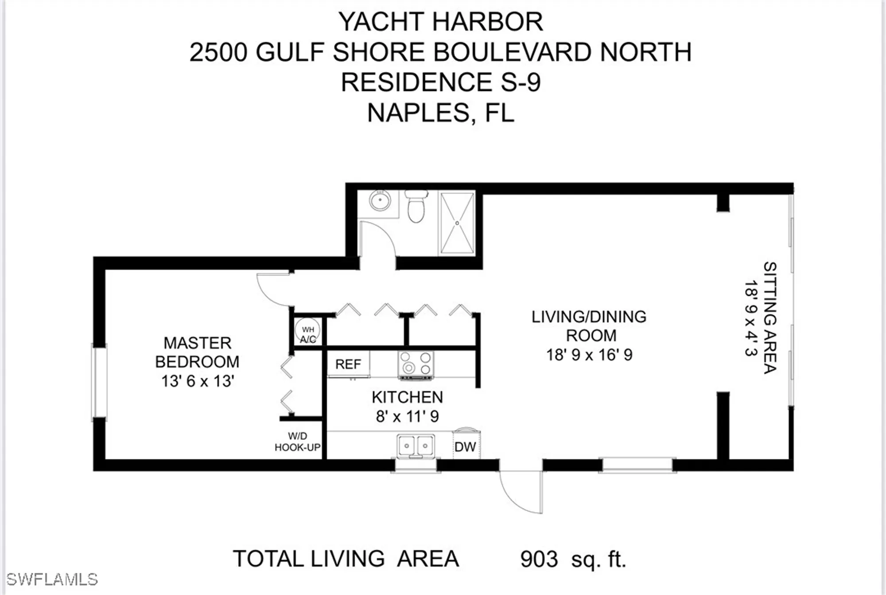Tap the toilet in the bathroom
click(x=416, y=207)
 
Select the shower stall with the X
click(x=457, y=223)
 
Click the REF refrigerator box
click(x=348, y=364)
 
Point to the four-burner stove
click(x=416, y=364)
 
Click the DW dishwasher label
click(x=465, y=446)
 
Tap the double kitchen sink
click(x=416, y=444)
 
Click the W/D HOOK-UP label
click(x=297, y=442)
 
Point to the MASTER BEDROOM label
click(x=197, y=352)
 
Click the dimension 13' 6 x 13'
click(x=197, y=381)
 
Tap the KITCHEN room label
click(x=407, y=397)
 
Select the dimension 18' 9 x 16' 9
click(x=589, y=355)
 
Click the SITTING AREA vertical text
click(x=770, y=317)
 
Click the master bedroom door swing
click(x=272, y=290)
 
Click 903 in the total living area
click(x=539, y=559)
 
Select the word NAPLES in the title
click(x=417, y=113)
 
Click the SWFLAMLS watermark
click(x=52, y=579)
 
